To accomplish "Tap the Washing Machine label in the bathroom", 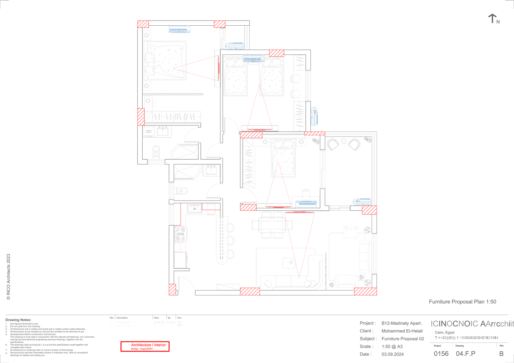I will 149,131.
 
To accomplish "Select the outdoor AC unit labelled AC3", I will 362,202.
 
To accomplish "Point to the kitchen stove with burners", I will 180,234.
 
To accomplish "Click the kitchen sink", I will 194,209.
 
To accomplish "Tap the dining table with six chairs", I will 272,225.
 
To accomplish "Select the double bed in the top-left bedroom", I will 165,61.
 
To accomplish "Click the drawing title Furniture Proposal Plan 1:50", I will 462,302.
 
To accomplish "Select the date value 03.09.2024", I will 393,354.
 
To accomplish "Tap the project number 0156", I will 441,354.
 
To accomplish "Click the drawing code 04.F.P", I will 465,354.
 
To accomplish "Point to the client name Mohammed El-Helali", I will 402,331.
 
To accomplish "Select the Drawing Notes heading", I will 18,320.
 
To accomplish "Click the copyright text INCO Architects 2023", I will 8,277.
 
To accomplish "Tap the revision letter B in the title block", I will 501,354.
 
